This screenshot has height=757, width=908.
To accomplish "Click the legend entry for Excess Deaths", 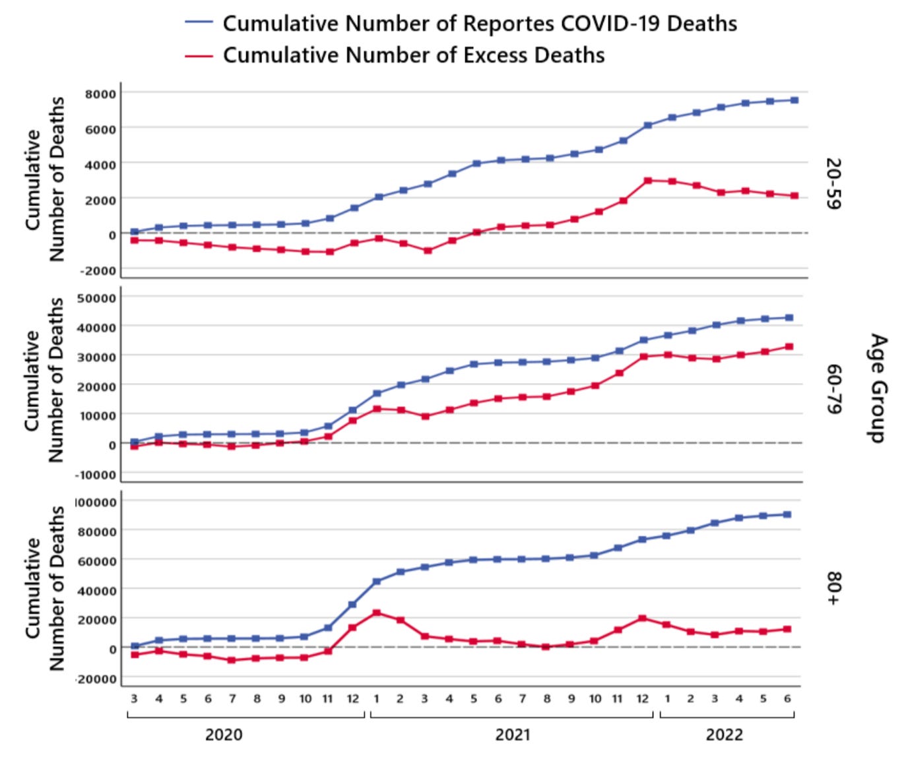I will pos(413,55).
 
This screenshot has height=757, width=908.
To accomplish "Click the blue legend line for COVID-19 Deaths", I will pos(199,23).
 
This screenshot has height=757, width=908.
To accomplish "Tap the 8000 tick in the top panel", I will pos(100,94).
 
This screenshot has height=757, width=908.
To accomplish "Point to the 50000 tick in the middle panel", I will pos(96,298).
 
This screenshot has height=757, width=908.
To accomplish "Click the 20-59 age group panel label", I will pos(833,183).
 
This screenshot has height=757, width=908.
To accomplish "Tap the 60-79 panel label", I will pos(833,389).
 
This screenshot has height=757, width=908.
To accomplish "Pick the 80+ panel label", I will pos(833,588).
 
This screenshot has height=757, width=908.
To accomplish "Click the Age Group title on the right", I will pos(878,388).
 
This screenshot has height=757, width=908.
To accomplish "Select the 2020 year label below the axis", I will pos(224,735).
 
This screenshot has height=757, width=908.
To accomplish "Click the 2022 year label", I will pos(724,735).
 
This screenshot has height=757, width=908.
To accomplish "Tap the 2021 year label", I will pos(513,735).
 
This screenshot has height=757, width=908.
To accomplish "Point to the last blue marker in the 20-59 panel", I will pos(794,100).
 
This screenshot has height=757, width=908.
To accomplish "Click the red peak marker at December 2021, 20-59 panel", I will pos(647,180).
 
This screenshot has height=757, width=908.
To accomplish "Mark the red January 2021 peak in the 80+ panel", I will pos(376,613).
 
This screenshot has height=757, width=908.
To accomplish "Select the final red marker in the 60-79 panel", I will pos(789,346).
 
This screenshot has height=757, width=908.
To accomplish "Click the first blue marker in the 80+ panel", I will pos(135,646).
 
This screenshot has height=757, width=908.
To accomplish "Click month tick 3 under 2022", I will pos(715,699).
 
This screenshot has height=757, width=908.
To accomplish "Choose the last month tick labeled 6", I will pos(787,699).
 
